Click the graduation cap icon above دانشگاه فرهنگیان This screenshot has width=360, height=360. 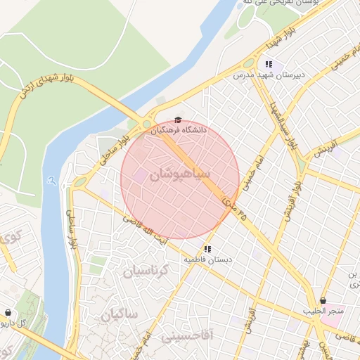(x=178, y=120)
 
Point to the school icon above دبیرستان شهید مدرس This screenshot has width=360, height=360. (x=269, y=64)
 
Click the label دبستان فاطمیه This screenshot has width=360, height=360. (x=208, y=259)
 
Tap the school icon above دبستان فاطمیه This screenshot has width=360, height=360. (x=207, y=249)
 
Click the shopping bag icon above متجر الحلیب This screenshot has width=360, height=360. (x=323, y=301)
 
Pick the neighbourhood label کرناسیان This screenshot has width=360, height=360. (x=147, y=270)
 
